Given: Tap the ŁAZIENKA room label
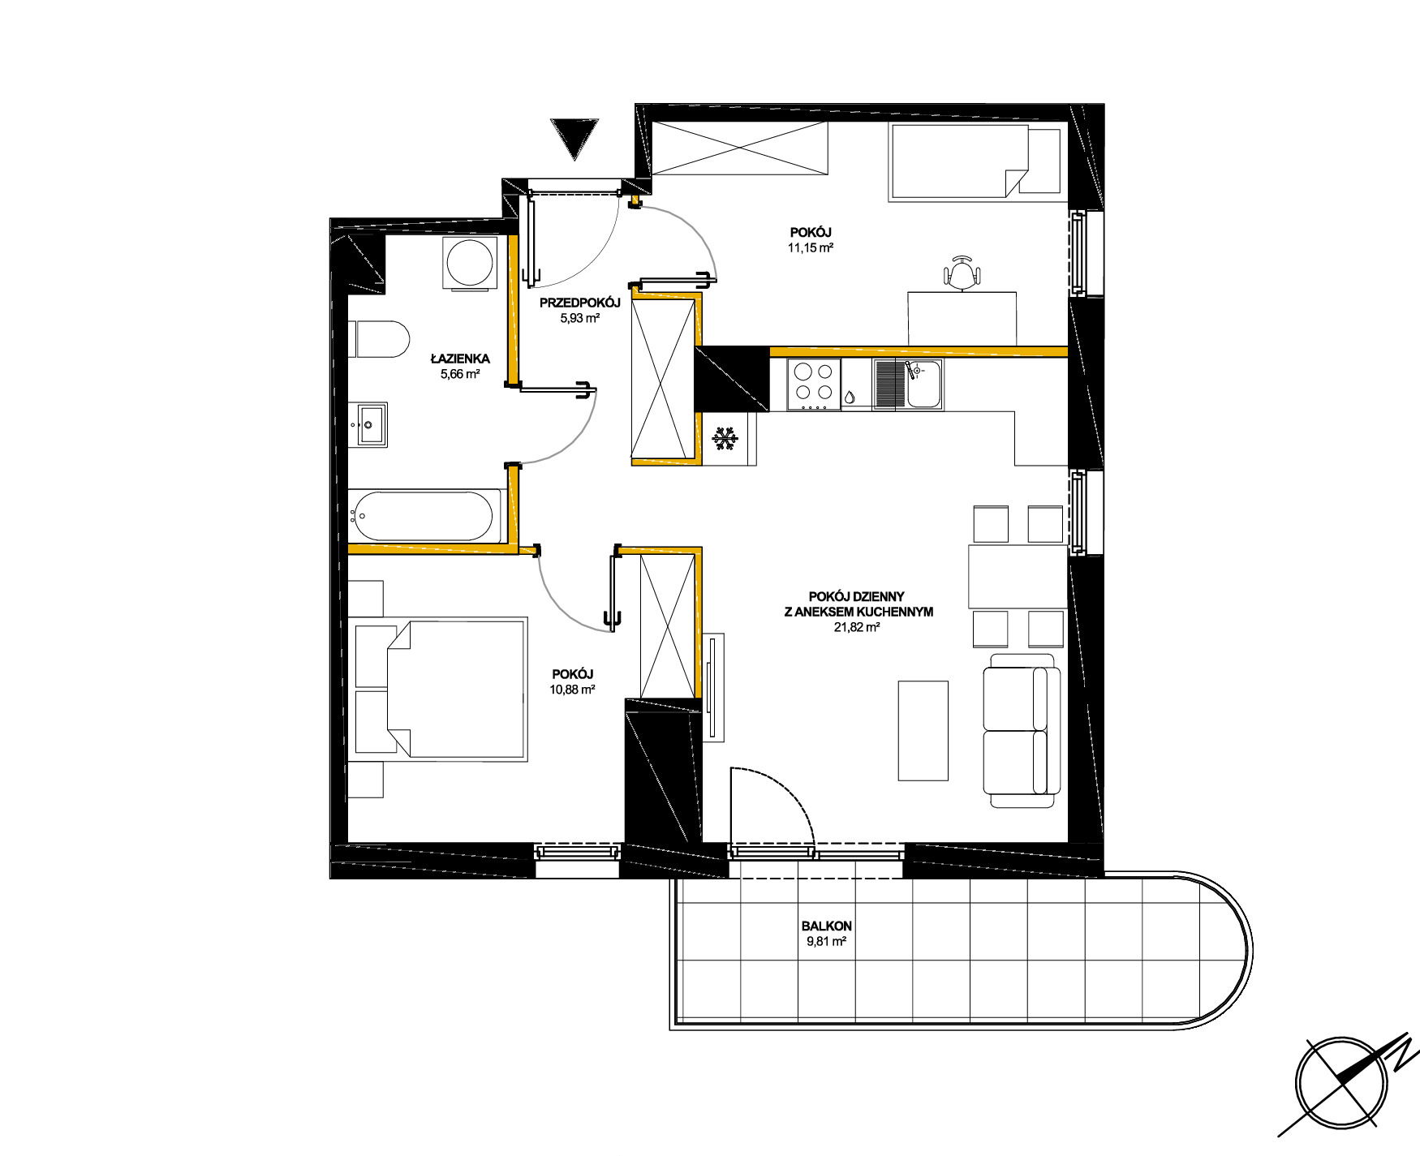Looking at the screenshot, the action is coord(460,359).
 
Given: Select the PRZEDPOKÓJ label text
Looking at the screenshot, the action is coord(579,303).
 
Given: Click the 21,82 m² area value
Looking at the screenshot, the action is coord(858,627).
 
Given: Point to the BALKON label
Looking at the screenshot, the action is coord(826,926).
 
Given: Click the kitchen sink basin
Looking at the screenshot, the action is coord(923,384).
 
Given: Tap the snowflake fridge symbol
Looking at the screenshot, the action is coord(725,440).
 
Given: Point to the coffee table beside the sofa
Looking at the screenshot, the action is coord(923,730).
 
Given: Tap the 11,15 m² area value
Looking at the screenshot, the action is coord(811,248).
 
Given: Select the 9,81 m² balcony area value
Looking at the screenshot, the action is coord(826,942).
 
